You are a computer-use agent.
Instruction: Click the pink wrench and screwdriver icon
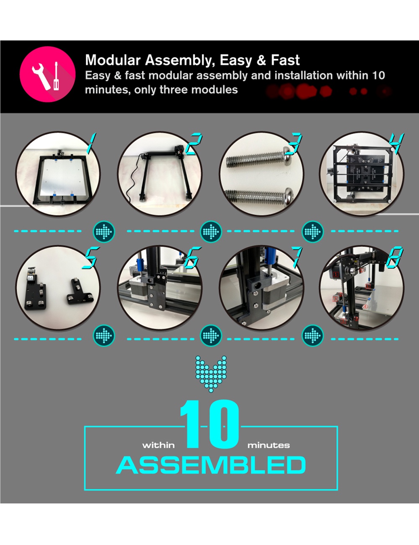tap(48, 74)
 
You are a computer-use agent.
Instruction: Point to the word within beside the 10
tap(158, 445)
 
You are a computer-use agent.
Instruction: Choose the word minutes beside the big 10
tap(269, 445)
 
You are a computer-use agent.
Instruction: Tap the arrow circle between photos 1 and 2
tap(104, 231)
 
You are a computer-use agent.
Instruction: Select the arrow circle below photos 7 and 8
tap(313, 335)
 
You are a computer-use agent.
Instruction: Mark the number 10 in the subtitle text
tap(378, 75)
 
